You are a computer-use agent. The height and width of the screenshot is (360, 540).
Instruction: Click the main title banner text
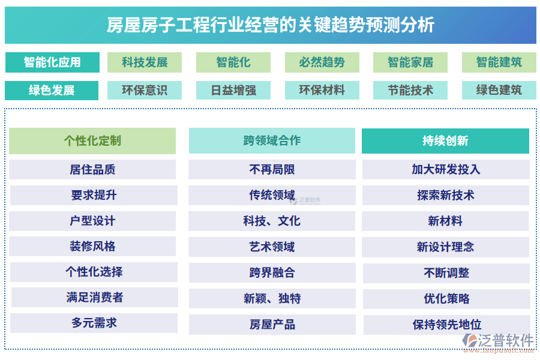pos(271,25)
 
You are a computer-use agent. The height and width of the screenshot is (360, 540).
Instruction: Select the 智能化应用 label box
pos(52,62)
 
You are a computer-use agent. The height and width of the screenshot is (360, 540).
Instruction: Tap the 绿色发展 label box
pos(52,90)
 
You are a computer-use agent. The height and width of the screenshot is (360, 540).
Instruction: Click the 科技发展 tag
pos(145,62)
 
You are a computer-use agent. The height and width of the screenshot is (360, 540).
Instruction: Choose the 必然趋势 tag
pos(322,62)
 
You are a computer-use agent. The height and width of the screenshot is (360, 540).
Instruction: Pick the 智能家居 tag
pos(410,62)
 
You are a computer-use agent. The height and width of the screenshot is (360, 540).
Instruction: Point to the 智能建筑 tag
pos(499,62)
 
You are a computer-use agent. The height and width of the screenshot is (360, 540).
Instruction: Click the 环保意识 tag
pos(145,90)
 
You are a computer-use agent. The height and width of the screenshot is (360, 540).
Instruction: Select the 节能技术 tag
pos(410,90)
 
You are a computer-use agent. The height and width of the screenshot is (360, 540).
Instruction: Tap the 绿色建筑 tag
pos(499,90)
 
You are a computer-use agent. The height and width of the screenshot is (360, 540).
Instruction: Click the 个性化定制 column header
pos(92,141)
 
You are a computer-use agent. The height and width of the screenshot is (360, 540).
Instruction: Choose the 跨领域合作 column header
pos(272,140)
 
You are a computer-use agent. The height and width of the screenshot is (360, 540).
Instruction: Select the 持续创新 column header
pos(445,141)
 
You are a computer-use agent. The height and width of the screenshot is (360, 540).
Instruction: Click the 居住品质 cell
pos(92,169)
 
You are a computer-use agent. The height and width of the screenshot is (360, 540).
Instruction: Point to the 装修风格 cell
pos(92,247)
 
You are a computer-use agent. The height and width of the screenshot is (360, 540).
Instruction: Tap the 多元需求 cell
pos(94,323)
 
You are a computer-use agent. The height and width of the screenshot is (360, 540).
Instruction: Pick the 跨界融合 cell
pos(272,273)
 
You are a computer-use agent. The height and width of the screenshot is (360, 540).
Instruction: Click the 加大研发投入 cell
pos(446,169)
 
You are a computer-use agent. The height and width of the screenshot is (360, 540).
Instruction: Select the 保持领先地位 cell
pos(446,325)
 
